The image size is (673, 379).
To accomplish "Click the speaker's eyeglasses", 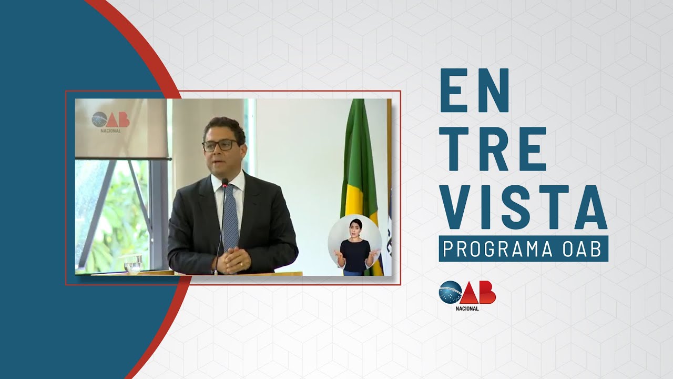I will click(220, 145).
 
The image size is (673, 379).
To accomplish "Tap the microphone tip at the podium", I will click(225, 182).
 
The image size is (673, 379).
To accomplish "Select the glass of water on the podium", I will click(134, 263).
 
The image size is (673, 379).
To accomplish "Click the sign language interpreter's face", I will click(354, 227).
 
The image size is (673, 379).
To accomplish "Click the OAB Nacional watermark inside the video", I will click(110, 122).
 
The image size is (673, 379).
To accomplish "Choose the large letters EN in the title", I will click(474, 91).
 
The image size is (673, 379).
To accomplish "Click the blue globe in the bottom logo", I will click(450, 292).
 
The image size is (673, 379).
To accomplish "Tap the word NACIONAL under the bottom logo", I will click(467, 308).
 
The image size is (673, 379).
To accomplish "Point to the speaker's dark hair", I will click(225, 127).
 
